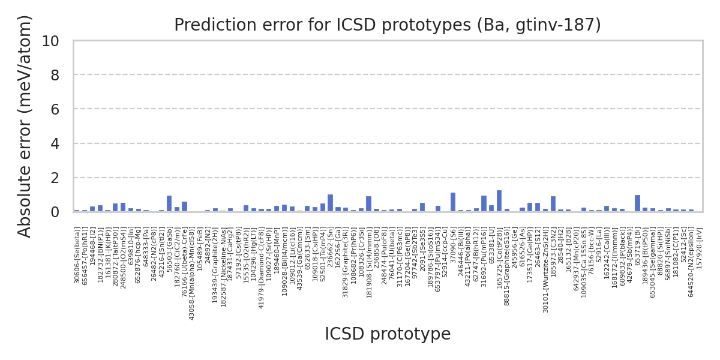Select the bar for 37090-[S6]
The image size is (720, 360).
pos(453,202)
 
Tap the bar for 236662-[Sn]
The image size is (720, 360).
pos(330,203)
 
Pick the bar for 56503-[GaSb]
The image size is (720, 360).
pos(169,203)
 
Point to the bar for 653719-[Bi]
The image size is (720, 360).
pos(637,203)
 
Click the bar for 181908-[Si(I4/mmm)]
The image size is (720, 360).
pos(368,204)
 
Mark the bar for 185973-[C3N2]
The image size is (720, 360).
pos(553,204)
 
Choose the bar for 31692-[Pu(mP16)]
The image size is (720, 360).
pos(484,203)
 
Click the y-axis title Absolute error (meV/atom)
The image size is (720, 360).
pos(25,126)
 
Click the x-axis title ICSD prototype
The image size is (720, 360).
pos(388,334)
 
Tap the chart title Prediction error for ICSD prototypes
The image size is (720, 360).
pos(388,25)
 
